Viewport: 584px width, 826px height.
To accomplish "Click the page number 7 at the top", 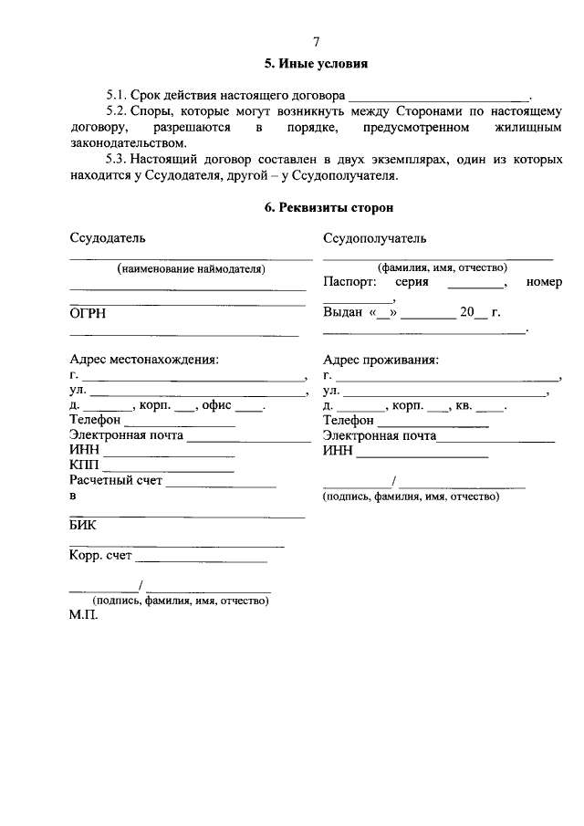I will tap(316, 42).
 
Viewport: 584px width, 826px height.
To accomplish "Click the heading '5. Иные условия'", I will tap(316, 65).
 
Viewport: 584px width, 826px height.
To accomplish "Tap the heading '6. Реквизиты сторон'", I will tap(316, 208).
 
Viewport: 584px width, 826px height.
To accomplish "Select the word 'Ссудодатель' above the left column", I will tap(107, 238).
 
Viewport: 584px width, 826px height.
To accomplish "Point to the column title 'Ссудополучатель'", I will tap(374, 238).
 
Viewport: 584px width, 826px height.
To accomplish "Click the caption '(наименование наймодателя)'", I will tap(190, 269).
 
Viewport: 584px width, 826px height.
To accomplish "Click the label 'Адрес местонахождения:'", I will tap(144, 360).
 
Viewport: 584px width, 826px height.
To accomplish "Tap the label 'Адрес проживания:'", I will tap(381, 360).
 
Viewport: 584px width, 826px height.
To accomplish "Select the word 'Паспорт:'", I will tap(349, 283).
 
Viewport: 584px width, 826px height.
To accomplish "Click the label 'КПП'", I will tap(84, 465).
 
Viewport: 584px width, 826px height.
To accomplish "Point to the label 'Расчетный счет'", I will tap(115, 481).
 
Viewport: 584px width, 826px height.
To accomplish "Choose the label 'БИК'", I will tap(82, 526).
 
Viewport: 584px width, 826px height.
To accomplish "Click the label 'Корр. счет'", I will tap(100, 555).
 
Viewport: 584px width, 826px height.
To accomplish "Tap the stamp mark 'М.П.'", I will tap(82, 616).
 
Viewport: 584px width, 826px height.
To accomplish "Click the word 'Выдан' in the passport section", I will tap(343, 313).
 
